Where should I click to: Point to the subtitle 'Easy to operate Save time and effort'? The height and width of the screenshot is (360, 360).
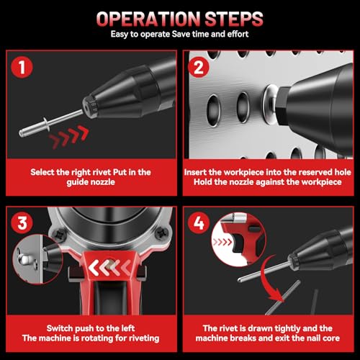[x=180, y=35]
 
